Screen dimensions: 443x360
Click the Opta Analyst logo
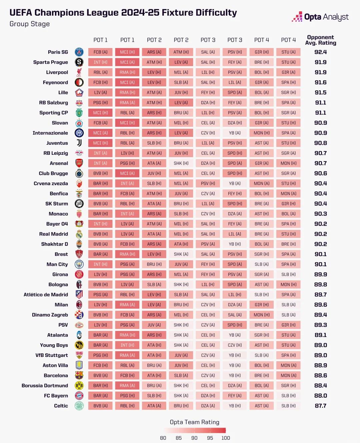pos(320,17)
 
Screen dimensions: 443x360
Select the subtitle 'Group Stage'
pos(30,24)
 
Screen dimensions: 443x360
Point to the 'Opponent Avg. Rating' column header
pos(321,40)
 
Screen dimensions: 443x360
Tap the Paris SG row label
pos(58,52)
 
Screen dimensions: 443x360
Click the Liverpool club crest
pos(79,72)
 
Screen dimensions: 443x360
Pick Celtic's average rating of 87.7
pos(321,406)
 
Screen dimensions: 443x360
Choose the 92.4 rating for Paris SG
pos(321,52)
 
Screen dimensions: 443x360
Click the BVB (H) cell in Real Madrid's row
pos(100,234)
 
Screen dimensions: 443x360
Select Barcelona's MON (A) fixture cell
pos(288,376)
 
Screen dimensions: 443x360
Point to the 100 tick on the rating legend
pos(226,438)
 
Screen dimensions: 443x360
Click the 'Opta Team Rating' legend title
pos(195,422)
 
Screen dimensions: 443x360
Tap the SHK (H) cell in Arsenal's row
pos(181,163)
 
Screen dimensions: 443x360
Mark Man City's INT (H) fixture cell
pos(100,265)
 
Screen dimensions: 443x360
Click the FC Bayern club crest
pos(79,396)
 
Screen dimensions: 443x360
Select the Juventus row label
pos(57,143)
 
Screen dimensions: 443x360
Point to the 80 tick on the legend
pos(163,438)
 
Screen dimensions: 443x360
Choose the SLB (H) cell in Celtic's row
pos(288,406)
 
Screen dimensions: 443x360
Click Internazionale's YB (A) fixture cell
pos(235,133)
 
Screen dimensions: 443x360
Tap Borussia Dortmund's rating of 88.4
pos(321,386)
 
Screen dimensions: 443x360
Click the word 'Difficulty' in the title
pos(216,13)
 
